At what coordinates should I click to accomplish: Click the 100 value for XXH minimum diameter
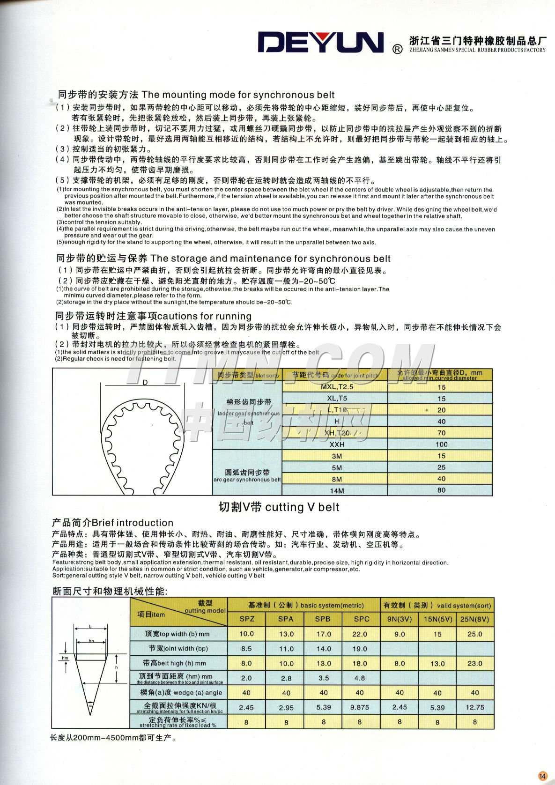(441, 444)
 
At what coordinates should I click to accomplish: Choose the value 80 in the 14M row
(441, 490)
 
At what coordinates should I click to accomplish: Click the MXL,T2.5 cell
(336, 387)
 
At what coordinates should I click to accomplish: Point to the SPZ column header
(247, 619)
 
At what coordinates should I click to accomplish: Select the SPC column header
(361, 619)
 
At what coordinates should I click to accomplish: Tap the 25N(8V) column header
(474, 619)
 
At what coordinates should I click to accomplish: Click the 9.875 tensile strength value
(360, 707)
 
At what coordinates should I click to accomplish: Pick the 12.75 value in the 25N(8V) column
(474, 707)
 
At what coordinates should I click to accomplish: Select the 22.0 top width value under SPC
(360, 634)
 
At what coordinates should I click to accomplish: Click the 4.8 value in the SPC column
(360, 678)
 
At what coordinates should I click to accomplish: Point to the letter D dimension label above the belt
(145, 382)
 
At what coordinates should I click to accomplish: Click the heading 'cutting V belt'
(279, 507)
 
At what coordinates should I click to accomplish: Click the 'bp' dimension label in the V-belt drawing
(91, 640)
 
